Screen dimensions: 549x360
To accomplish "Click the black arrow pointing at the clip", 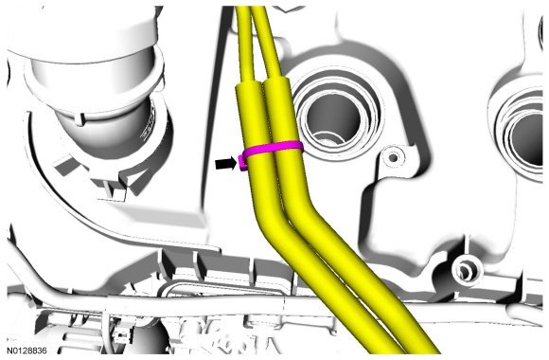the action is pos(226,164).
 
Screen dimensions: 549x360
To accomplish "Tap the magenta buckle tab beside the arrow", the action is pos(242,163).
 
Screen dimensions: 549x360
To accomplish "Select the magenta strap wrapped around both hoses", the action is pos(274,149).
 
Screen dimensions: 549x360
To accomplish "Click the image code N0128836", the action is pos(27,351).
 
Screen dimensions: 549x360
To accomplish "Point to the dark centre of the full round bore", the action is pos(332,119).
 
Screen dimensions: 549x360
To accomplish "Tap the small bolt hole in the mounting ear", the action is pos(393,158).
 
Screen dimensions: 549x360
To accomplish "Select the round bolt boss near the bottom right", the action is pos(467,269).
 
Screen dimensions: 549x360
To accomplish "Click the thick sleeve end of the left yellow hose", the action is pos(250,116).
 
